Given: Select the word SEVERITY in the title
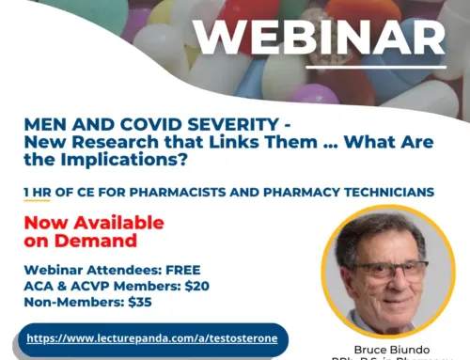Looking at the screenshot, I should [x=205, y=124].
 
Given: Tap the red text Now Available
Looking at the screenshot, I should [x=93, y=223].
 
